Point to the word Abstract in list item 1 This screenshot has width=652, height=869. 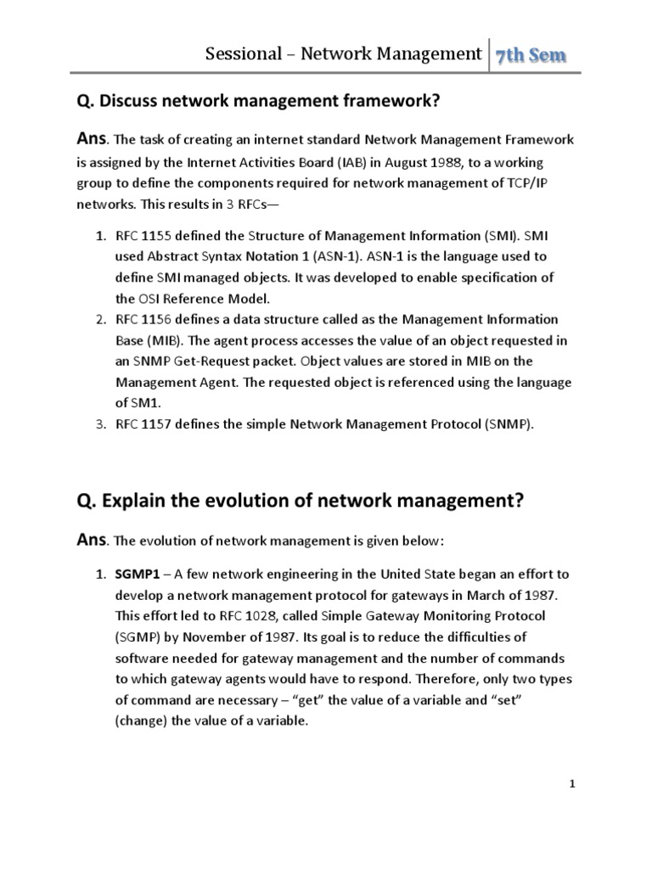click(173, 256)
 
